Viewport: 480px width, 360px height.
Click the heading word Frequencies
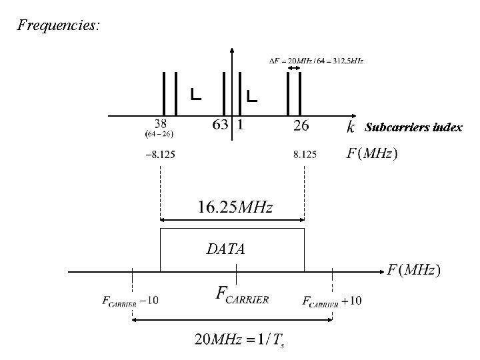tap(59, 25)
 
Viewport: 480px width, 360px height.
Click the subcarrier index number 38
tap(160, 124)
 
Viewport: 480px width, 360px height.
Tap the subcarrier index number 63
tap(219, 125)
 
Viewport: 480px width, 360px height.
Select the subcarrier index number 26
tap(301, 125)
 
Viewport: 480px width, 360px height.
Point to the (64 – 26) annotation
tap(160, 134)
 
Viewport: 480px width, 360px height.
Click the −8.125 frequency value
tap(160, 155)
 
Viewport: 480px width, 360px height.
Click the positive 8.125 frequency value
tap(305, 155)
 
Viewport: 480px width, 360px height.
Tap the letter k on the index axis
tap(351, 126)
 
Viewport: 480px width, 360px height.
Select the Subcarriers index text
tap(413, 127)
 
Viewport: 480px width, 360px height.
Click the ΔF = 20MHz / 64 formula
tap(315, 61)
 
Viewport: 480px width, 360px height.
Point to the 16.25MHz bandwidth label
tap(235, 207)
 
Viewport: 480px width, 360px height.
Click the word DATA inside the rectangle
tap(225, 249)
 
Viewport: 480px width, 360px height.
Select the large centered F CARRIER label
tap(243, 295)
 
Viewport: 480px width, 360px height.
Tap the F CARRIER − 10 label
tap(131, 301)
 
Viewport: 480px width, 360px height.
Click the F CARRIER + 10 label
tap(332, 301)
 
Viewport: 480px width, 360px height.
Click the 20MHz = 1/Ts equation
tap(238, 339)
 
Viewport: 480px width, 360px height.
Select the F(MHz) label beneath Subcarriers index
tap(372, 154)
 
